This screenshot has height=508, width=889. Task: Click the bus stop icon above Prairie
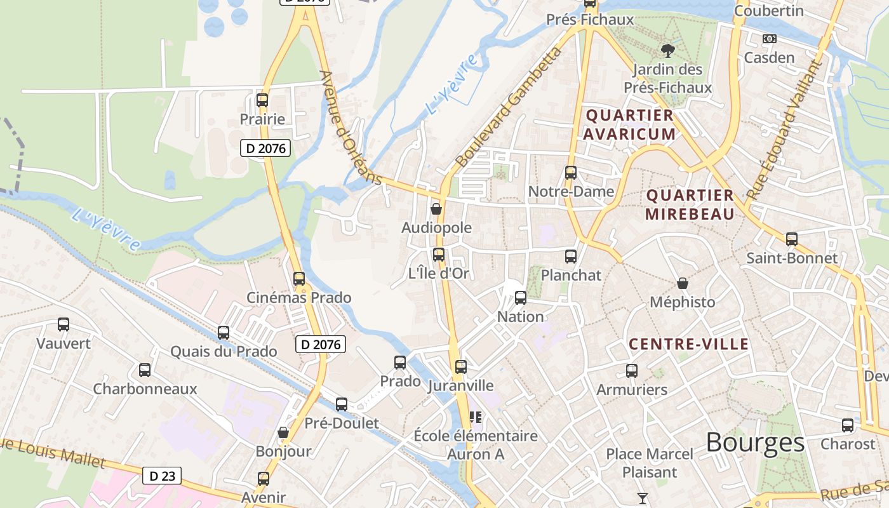262,100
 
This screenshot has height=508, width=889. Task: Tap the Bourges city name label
755,442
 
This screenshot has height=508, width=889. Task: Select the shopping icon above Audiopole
436,208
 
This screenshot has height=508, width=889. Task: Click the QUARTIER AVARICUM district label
629,124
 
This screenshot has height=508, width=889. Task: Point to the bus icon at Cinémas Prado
299,278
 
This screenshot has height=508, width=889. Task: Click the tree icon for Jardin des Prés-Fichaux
667,50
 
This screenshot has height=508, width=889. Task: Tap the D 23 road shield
161,476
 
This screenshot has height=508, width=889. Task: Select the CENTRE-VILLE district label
689,344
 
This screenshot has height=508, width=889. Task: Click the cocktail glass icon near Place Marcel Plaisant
643,498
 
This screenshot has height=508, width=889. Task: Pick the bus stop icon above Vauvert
63,324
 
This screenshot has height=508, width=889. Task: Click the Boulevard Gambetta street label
509,108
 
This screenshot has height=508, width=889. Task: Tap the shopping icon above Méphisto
683,283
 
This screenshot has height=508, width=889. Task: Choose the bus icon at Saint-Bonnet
792,239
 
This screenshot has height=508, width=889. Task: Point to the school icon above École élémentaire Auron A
475,417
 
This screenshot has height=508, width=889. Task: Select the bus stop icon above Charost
848,425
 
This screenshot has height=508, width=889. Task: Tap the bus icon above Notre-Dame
571,173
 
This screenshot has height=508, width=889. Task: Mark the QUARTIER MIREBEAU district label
690,204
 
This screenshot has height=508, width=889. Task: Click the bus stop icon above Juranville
461,367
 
